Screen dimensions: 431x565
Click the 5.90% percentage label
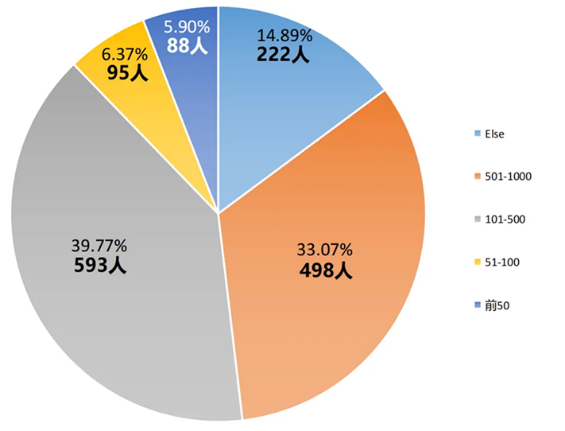click(x=186, y=27)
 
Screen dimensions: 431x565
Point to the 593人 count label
click(x=99, y=264)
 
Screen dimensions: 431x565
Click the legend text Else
click(x=494, y=134)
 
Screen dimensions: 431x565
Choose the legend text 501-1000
click(x=506, y=176)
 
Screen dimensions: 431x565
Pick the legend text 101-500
click(x=503, y=219)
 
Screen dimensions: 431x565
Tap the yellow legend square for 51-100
click(x=476, y=262)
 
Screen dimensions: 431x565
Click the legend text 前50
click(x=497, y=305)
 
